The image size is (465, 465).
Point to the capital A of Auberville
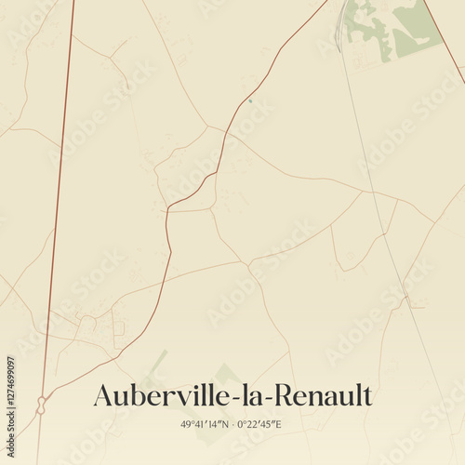(x=104, y=396)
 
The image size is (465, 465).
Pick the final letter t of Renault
(x=366, y=396)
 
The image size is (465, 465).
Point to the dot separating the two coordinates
(x=232, y=424)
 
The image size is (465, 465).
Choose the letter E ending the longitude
(x=279, y=424)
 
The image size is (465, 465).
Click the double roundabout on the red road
(x=41, y=405)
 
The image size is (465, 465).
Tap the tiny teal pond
(x=250, y=101)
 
